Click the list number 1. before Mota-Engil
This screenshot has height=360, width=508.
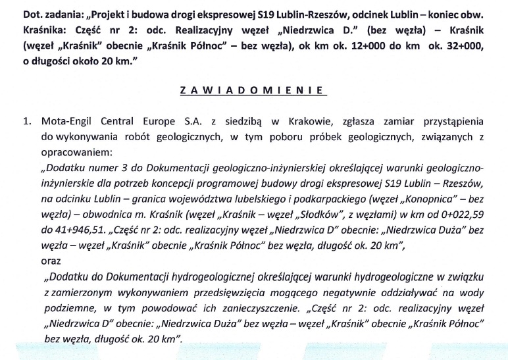click(x=27, y=122)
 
